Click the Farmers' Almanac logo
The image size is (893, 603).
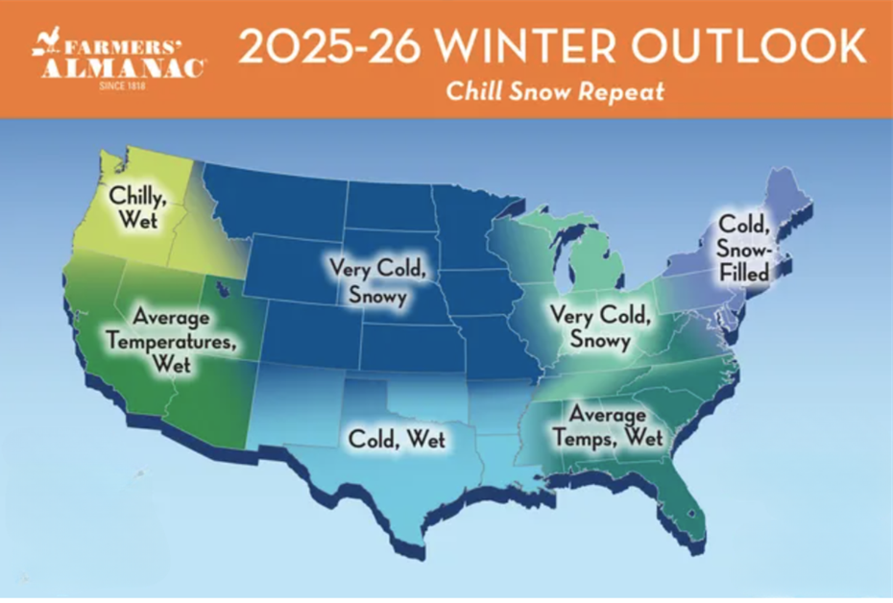119,60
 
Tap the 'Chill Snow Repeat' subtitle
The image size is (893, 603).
555,91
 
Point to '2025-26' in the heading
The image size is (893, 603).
329,47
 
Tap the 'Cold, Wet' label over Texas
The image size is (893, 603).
397,439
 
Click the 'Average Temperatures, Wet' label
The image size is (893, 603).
172,341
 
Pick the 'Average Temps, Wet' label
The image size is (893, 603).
608,426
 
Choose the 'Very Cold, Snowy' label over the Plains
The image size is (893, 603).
377,281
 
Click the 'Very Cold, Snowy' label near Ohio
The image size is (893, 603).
600,326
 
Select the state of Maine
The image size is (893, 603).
788,197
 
